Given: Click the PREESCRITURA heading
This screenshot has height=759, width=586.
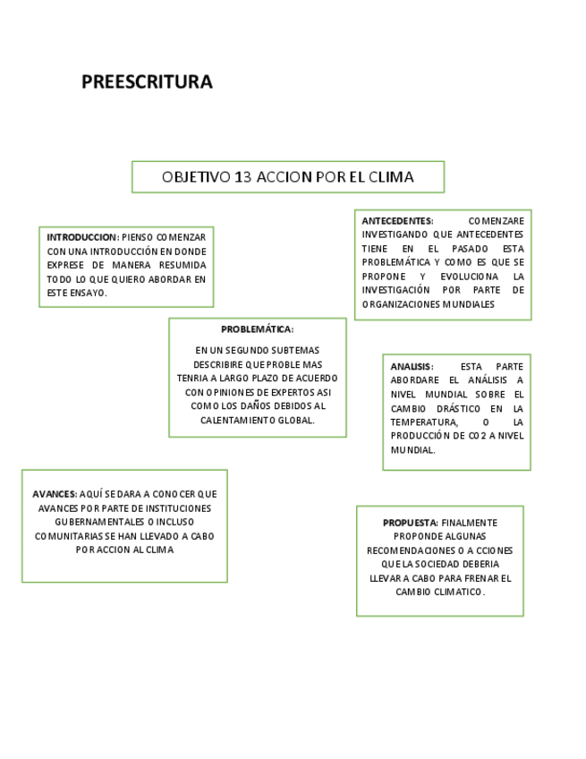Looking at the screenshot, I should click(x=147, y=82).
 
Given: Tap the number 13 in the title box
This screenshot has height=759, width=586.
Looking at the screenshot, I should click(x=242, y=176).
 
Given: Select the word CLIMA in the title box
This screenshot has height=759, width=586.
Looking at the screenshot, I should click(x=391, y=176).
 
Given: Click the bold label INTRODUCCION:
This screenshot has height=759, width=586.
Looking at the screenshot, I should click(x=82, y=237).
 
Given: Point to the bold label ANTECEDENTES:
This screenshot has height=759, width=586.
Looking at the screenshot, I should click(x=397, y=220).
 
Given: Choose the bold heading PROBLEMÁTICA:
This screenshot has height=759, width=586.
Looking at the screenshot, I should click(x=257, y=329).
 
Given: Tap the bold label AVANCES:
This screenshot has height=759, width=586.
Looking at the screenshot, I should click(x=55, y=494).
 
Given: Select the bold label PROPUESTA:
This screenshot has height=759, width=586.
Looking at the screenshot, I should click(x=411, y=522).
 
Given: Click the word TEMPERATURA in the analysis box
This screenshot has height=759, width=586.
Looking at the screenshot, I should click(x=423, y=422).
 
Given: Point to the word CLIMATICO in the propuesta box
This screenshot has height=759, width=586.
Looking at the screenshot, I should click(x=454, y=592).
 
